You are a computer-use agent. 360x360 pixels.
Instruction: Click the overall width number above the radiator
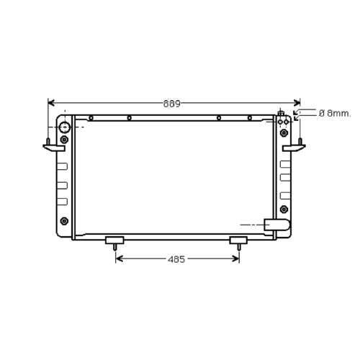[x=172, y=104]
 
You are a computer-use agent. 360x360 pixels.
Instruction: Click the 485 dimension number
[x=176, y=259]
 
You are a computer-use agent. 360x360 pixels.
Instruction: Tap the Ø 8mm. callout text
[x=335, y=113]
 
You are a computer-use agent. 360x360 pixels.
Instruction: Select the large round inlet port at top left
[x=65, y=127]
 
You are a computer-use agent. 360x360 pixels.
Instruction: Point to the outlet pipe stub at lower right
[x=277, y=225]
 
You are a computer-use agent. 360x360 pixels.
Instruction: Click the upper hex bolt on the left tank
[x=64, y=140]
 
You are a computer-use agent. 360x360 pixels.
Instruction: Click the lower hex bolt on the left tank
[x=64, y=221]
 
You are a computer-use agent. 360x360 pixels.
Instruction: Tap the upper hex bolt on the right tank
[x=284, y=132]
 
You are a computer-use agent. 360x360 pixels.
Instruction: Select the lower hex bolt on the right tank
[x=284, y=210]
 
